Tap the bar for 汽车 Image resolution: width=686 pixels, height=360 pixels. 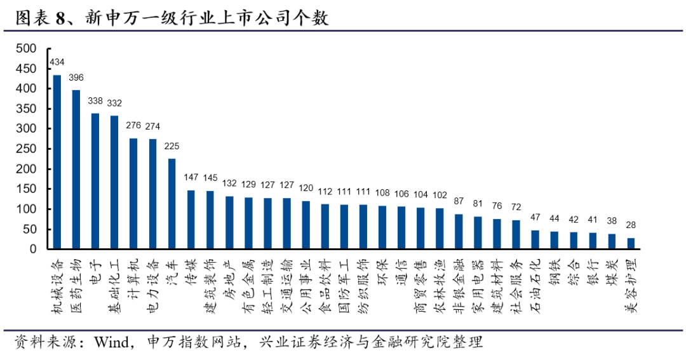click(171, 204)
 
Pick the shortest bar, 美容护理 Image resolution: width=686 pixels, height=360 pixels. click(631, 244)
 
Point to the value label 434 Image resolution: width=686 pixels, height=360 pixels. click(57, 62)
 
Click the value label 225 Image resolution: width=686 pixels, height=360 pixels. click(171, 145)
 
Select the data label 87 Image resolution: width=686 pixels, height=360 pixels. click(459, 201)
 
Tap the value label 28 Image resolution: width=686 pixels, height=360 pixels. click(631, 225)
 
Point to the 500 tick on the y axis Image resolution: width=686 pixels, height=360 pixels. click(26, 48)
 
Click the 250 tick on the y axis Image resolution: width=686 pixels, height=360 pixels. click(26, 149)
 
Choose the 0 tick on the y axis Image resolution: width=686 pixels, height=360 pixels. click(32, 250)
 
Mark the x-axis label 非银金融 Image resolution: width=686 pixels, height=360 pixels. click(459, 283)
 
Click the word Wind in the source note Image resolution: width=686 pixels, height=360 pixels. click(112, 343)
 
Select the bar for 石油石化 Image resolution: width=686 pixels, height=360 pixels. click(535, 240)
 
